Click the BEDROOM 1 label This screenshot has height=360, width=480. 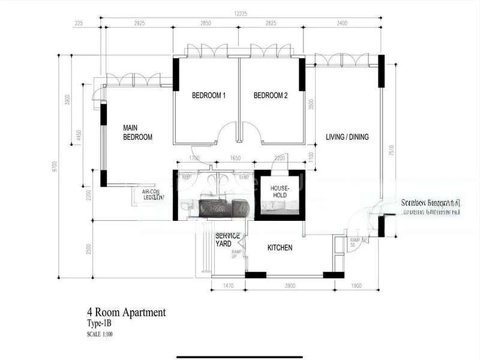click(208, 95)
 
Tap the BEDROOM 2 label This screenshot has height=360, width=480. click(270, 95)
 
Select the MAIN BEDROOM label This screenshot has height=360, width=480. click(137, 133)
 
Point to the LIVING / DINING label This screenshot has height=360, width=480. click(347, 137)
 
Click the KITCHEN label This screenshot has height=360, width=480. click(280, 247)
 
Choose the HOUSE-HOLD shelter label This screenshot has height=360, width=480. click(278, 191)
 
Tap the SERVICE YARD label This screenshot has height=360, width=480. click(227, 239)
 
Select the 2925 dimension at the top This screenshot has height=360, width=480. click(139, 24)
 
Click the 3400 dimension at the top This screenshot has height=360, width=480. click(343, 24)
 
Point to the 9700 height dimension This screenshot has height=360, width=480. click(55, 166)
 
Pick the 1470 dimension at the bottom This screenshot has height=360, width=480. click(229, 286)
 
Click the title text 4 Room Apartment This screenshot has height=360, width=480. click(126, 312)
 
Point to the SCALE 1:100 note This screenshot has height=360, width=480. click(100, 334)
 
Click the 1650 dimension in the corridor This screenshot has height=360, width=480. click(235, 158)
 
